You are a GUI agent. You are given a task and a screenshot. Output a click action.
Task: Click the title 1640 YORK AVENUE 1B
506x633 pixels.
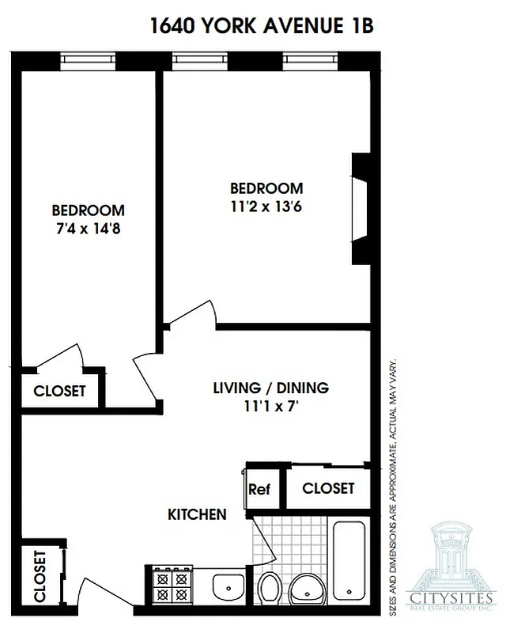pyautogui.click(x=261, y=26)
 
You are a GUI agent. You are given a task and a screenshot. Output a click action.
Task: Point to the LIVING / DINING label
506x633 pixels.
pyautogui.click(x=270, y=389)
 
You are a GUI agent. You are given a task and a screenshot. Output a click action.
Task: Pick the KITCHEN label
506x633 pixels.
pyautogui.click(x=197, y=515)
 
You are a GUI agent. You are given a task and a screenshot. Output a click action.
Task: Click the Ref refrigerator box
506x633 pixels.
pyautogui.click(x=259, y=490)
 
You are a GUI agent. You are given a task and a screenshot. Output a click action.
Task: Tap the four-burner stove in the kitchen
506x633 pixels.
pyautogui.click(x=168, y=588)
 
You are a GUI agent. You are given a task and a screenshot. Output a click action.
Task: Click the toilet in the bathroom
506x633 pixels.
pyautogui.click(x=269, y=589)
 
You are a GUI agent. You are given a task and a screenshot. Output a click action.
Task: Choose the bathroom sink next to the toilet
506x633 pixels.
pyautogui.click(x=307, y=589)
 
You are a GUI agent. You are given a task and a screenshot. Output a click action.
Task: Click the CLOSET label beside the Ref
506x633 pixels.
pyautogui.click(x=328, y=489)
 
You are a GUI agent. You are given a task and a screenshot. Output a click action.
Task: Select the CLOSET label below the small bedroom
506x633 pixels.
pyautogui.click(x=59, y=391)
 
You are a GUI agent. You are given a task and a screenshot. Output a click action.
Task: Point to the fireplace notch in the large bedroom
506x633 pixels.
pyautogui.click(x=361, y=208)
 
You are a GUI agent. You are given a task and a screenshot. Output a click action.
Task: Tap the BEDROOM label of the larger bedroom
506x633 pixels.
pyautogui.click(x=266, y=188)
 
